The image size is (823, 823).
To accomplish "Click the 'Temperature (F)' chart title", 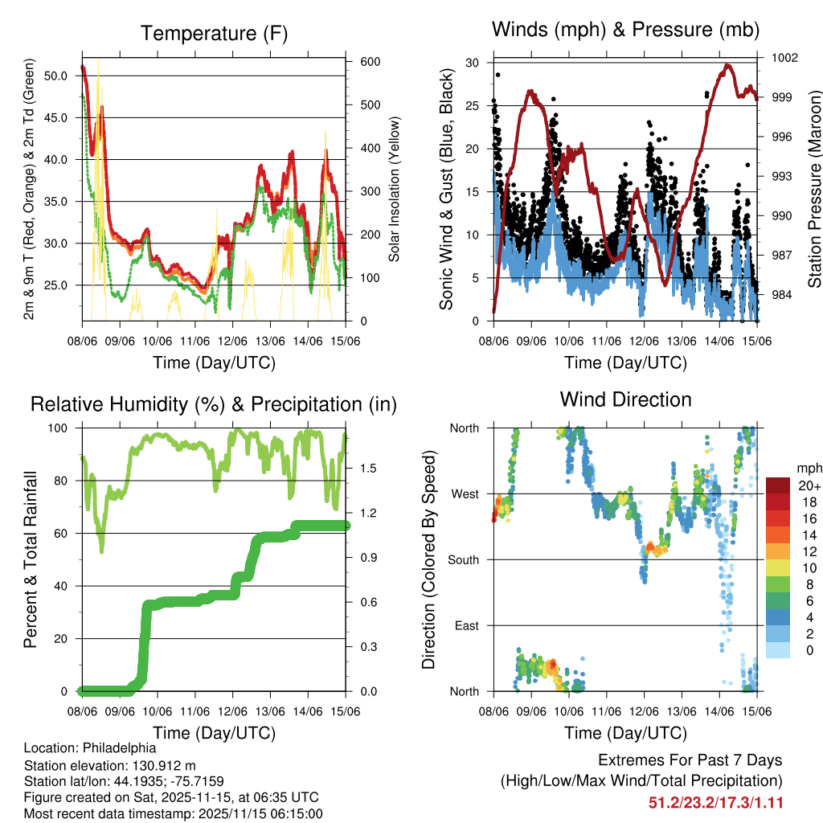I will (x=214, y=34).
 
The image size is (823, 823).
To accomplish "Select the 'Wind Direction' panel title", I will (x=625, y=399).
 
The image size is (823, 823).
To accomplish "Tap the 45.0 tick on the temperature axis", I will (x=57, y=117).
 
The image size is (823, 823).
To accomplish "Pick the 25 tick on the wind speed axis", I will (x=473, y=105).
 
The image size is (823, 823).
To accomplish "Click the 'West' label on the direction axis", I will (x=465, y=493).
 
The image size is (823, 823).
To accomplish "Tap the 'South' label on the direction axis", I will (x=464, y=559).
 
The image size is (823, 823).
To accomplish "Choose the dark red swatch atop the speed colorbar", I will (x=778, y=485).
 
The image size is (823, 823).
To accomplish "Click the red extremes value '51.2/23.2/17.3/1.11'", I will (x=715, y=803).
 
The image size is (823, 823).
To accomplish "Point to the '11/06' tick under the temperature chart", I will (x=194, y=341).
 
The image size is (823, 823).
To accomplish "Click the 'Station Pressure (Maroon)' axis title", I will (x=814, y=187).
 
